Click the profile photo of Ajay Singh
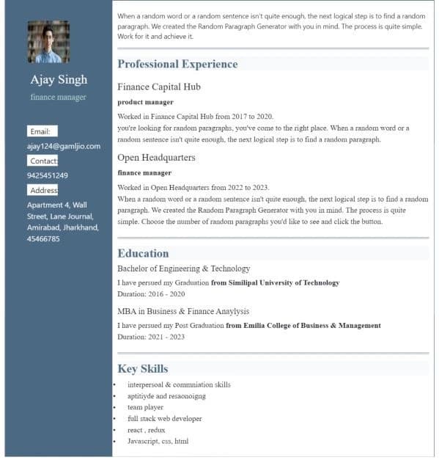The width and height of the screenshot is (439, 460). pyautogui.click(x=48, y=42)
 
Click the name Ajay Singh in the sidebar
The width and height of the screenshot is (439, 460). pyautogui.click(x=59, y=79)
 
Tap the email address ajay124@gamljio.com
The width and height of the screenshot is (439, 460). pyautogui.click(x=63, y=146)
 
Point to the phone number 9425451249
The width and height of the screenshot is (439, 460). pyautogui.click(x=48, y=175)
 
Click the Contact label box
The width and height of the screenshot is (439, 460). pyautogui.click(x=43, y=161)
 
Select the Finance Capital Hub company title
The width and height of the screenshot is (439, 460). pyautogui.click(x=159, y=87)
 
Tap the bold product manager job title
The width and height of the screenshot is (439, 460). pyautogui.click(x=145, y=102)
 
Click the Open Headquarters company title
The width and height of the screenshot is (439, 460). pyautogui.click(x=156, y=157)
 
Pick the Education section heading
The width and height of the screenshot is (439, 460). pyautogui.click(x=143, y=253)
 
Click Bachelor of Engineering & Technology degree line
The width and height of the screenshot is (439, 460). pyautogui.click(x=183, y=269)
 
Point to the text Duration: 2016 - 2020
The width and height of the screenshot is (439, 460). pyautogui.click(x=151, y=293)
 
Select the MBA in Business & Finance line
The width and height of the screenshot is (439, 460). pyautogui.click(x=183, y=311)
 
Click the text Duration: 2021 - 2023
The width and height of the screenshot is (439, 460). pyautogui.click(x=151, y=337)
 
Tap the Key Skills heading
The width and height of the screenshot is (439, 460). pyautogui.click(x=142, y=368)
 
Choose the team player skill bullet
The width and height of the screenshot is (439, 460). pyautogui.click(x=145, y=407)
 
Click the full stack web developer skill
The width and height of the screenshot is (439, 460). pyautogui.click(x=164, y=418)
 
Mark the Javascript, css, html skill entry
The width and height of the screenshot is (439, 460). pyautogui.click(x=158, y=441)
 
